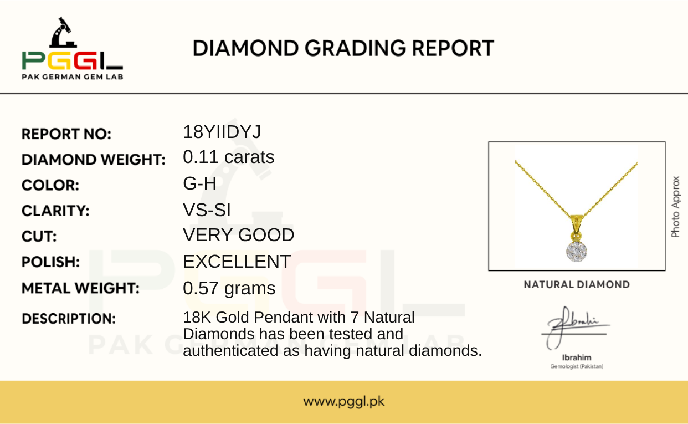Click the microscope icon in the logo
tap(63, 33)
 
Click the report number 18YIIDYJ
tap(222, 132)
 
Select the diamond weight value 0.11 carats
tap(229, 157)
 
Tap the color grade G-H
tap(199, 183)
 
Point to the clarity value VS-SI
tap(207, 210)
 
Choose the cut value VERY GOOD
tap(239, 235)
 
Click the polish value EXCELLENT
tap(237, 262)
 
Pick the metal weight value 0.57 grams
tap(229, 289)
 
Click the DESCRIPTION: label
tap(69, 319)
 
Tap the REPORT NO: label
tap(66, 134)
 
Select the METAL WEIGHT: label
tap(80, 289)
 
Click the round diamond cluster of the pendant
tap(577, 251)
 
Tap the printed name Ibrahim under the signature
tap(577, 357)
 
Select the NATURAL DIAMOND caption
tap(577, 285)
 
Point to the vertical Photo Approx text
tap(675, 207)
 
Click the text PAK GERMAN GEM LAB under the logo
tap(73, 77)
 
